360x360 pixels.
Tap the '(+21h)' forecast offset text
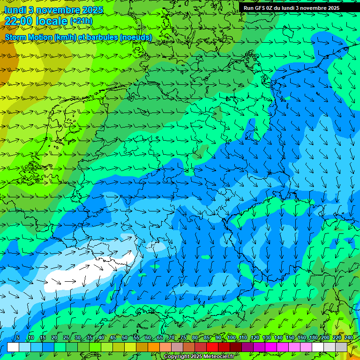[x=81, y=21]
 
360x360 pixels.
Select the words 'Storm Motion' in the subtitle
[x=28, y=37]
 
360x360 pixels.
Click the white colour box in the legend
[x=13, y=347]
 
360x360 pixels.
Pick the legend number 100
[x=232, y=338]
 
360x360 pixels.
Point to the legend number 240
[x=349, y=338]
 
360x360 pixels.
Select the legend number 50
[x=124, y=338]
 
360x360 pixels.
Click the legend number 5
[x=18, y=338]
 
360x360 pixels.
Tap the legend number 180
[x=314, y=338]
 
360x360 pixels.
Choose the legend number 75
[x=183, y=338]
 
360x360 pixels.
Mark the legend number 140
[x=278, y=338]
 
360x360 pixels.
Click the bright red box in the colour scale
[x=212, y=347]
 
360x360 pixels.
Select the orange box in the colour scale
[x=154, y=347]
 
